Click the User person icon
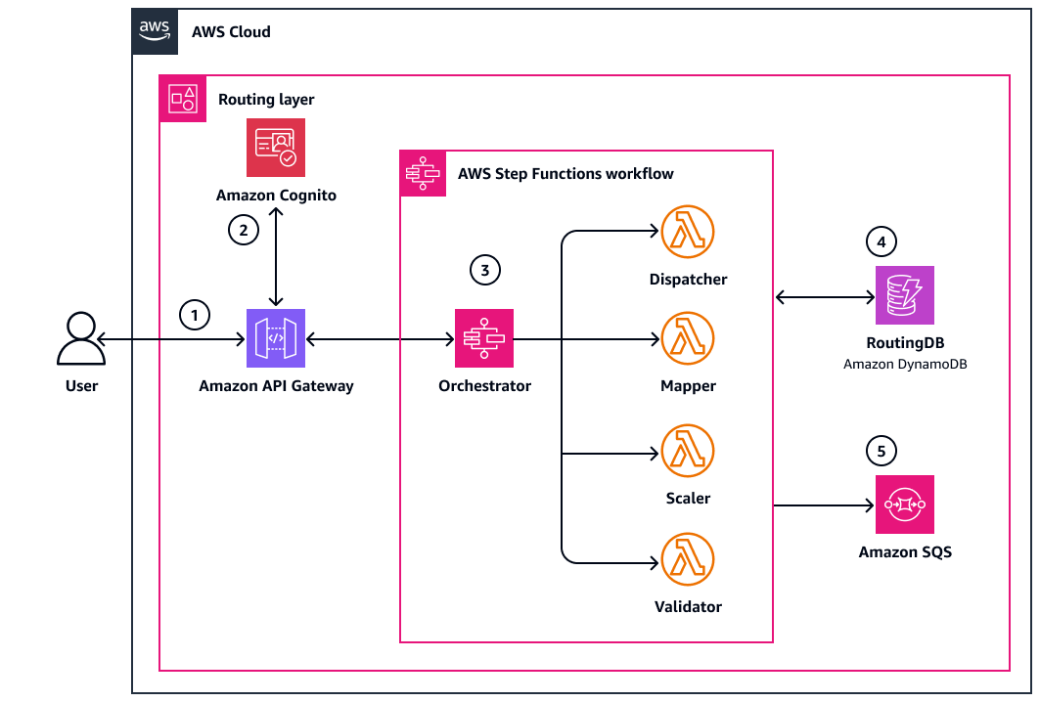pyautogui.click(x=81, y=338)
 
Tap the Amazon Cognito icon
pyautogui.click(x=276, y=148)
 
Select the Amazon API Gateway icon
pyautogui.click(x=276, y=338)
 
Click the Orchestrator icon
pyautogui.click(x=484, y=338)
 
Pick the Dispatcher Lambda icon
pyautogui.click(x=688, y=232)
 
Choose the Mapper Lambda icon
pyautogui.click(x=688, y=338)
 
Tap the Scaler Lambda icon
pyautogui.click(x=688, y=451)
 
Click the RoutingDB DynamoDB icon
pyautogui.click(x=905, y=294)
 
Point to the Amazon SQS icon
pyautogui.click(x=905, y=505)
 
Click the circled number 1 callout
pyautogui.click(x=196, y=315)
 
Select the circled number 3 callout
pyautogui.click(x=484, y=270)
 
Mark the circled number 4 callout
pyautogui.click(x=882, y=241)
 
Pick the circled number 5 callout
pyautogui.click(x=882, y=451)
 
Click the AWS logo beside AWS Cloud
pyautogui.click(x=156, y=31)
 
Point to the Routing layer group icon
pyautogui.click(x=183, y=99)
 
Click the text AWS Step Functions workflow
pyautogui.click(x=565, y=174)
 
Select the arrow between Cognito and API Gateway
pyautogui.click(x=277, y=257)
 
